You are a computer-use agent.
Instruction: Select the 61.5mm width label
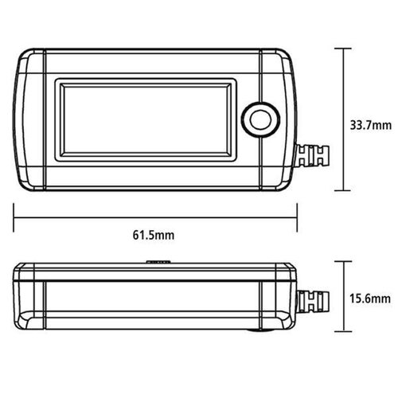(x=155, y=234)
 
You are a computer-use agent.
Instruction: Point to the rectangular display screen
(x=146, y=119)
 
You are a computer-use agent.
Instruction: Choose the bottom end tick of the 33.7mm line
(x=344, y=191)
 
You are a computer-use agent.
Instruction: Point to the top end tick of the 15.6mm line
(x=344, y=260)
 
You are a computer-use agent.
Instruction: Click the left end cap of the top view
(x=29, y=119)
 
